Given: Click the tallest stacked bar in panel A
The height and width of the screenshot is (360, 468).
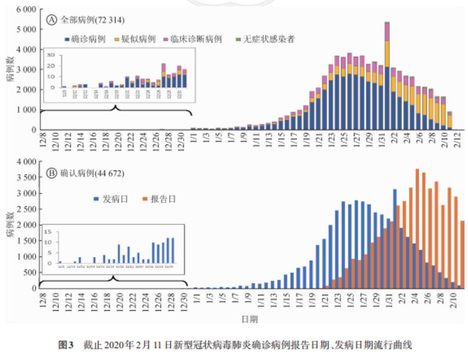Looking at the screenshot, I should point(387,76).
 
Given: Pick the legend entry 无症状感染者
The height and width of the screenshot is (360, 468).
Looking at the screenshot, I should point(265,39).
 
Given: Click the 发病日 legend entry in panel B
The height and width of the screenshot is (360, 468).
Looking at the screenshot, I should point(111,199).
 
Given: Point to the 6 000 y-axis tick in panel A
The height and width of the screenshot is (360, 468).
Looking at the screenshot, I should point(27,10).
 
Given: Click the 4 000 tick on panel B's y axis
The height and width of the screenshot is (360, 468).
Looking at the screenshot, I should point(27,162).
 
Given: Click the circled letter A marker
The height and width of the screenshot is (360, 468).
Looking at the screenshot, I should point(51,19).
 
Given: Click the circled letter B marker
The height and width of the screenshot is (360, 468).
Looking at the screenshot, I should point(51,173).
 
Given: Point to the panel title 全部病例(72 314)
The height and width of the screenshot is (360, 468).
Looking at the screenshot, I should point(92,19).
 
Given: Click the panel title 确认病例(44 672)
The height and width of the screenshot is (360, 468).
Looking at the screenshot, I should point(92,173).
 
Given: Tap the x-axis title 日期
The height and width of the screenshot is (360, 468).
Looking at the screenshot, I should point(250,319).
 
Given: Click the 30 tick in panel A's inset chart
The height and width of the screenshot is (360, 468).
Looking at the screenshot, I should point(50,55).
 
